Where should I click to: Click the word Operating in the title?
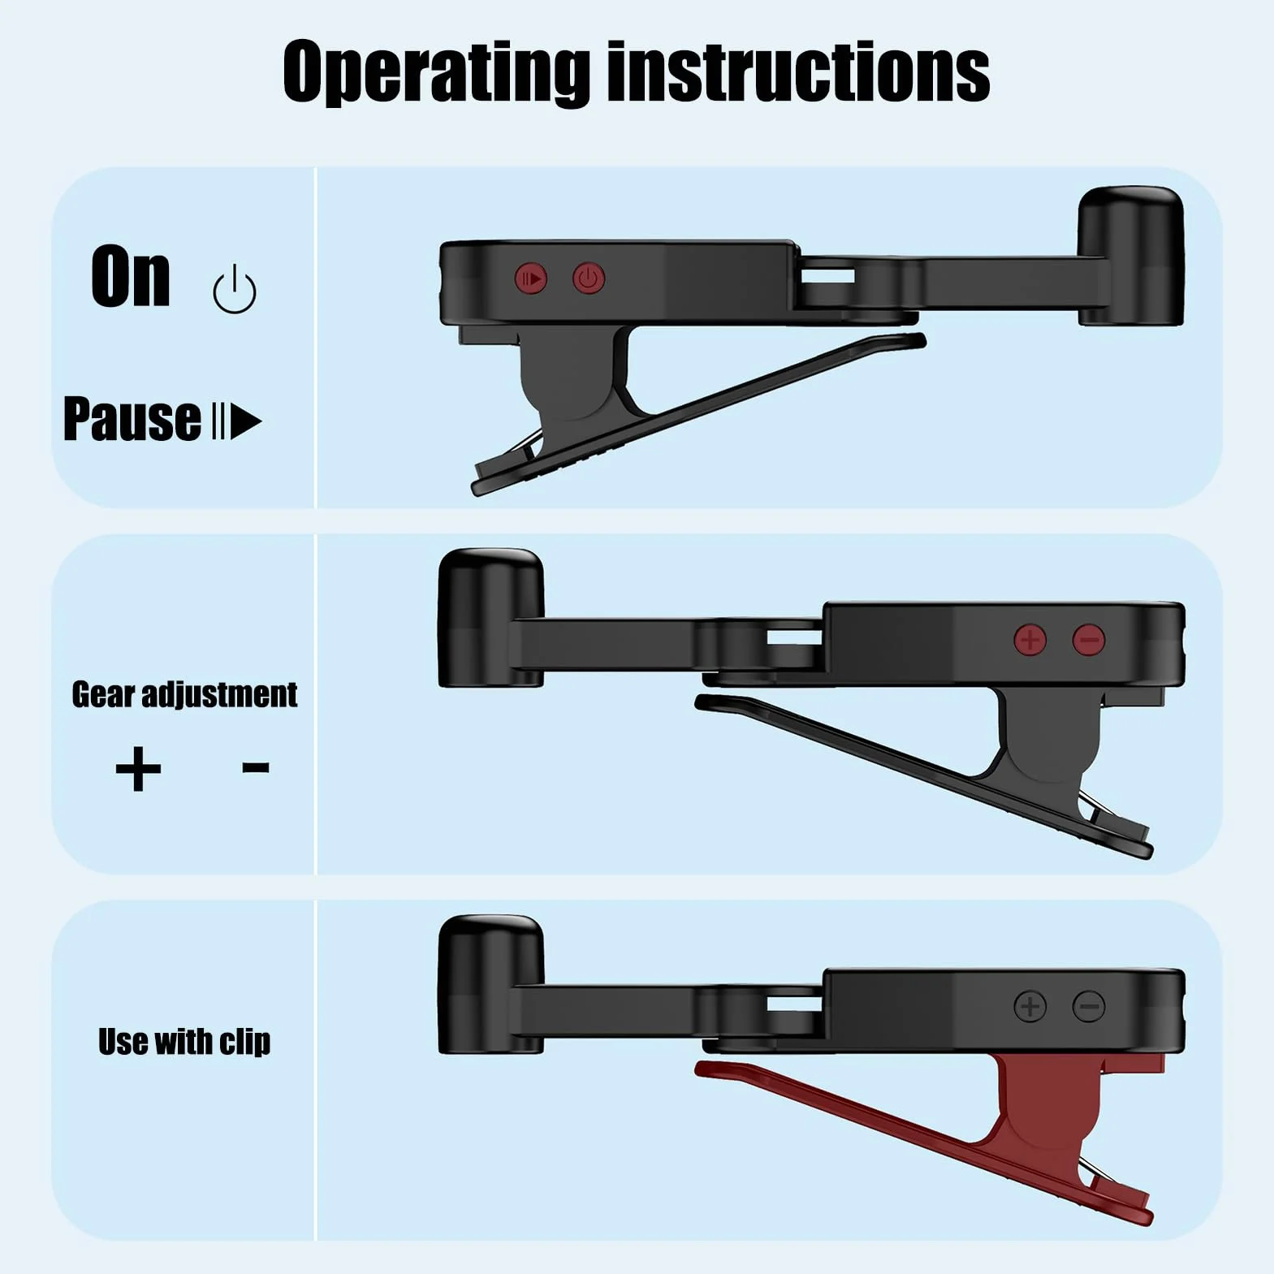pyautogui.click(x=436, y=73)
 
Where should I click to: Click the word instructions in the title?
pyautogui.click(x=799, y=71)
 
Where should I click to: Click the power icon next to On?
pyautogui.click(x=235, y=289)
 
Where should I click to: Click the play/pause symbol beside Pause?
pyautogui.click(x=236, y=421)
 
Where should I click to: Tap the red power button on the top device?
pyautogui.click(x=589, y=279)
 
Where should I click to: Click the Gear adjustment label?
pyautogui.click(x=184, y=694)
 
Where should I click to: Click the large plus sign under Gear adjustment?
pyautogui.click(x=138, y=768)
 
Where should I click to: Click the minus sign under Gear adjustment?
pyautogui.click(x=256, y=767)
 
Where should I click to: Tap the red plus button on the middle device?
pyautogui.click(x=1030, y=640)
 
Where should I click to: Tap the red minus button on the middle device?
pyautogui.click(x=1089, y=640)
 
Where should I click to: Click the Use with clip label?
pyautogui.click(x=184, y=1041)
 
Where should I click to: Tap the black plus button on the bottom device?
pyautogui.click(x=1030, y=1007)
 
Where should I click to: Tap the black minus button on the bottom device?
pyautogui.click(x=1089, y=1007)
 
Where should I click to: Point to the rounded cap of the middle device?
pyautogui.click(x=490, y=618)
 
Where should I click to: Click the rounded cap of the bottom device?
pyautogui.click(x=490, y=985)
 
